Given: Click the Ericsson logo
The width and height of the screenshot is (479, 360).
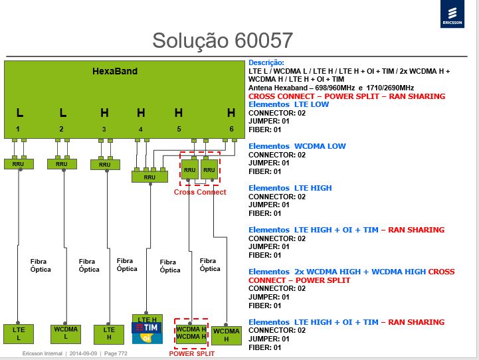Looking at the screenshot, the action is click(452, 14).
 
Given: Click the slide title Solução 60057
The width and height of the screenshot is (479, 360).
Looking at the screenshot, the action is click(223, 41).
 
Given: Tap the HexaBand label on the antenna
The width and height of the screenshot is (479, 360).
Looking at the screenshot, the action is click(115, 72).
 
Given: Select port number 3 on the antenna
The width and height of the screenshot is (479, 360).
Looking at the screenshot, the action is click(104, 129).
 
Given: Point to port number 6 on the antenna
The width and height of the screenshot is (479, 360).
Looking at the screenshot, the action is click(232, 129).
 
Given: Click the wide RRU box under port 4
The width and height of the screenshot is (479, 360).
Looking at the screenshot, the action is click(149, 177).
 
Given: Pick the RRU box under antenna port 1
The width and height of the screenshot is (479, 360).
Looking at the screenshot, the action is click(19, 164).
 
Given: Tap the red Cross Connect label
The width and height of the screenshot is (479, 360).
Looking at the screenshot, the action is click(200, 192).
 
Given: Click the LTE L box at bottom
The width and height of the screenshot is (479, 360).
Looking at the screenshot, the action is click(19, 333).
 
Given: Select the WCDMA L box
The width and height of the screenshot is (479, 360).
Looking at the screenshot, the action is click(66, 334).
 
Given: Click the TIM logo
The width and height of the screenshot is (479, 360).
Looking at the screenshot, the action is click(147, 328).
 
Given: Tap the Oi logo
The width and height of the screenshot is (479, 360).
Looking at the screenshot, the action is click(147, 338).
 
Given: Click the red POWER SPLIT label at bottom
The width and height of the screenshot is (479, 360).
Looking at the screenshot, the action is click(192, 353).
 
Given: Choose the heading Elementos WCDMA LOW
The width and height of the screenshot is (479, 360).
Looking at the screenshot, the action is click(297, 146).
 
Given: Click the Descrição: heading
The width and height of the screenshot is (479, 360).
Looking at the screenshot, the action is click(266, 62).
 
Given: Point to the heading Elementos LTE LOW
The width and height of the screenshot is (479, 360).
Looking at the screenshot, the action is click(288, 104).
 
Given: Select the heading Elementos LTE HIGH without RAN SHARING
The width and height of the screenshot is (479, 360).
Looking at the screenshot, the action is click(290, 188).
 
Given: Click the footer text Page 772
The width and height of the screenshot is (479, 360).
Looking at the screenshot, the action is click(116, 353).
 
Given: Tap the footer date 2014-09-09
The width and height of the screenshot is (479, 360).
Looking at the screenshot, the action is click(83, 353).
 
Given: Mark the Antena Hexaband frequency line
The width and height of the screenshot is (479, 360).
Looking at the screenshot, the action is click(331, 88).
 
